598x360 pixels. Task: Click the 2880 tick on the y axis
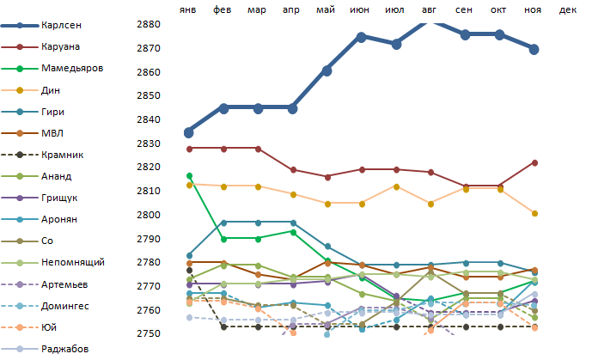(149, 24)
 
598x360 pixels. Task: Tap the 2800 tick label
(149, 215)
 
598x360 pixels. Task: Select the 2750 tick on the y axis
(149, 333)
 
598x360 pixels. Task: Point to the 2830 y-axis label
(149, 143)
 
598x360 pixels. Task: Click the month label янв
(188, 9)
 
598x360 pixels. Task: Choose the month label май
(326, 9)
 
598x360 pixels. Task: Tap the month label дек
(568, 9)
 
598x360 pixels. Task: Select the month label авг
(430, 9)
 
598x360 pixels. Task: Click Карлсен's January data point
(188, 132)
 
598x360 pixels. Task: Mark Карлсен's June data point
(361, 37)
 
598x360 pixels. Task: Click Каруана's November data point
(534, 162)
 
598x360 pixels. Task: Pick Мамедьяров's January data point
(188, 176)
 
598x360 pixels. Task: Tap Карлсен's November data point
(534, 49)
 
